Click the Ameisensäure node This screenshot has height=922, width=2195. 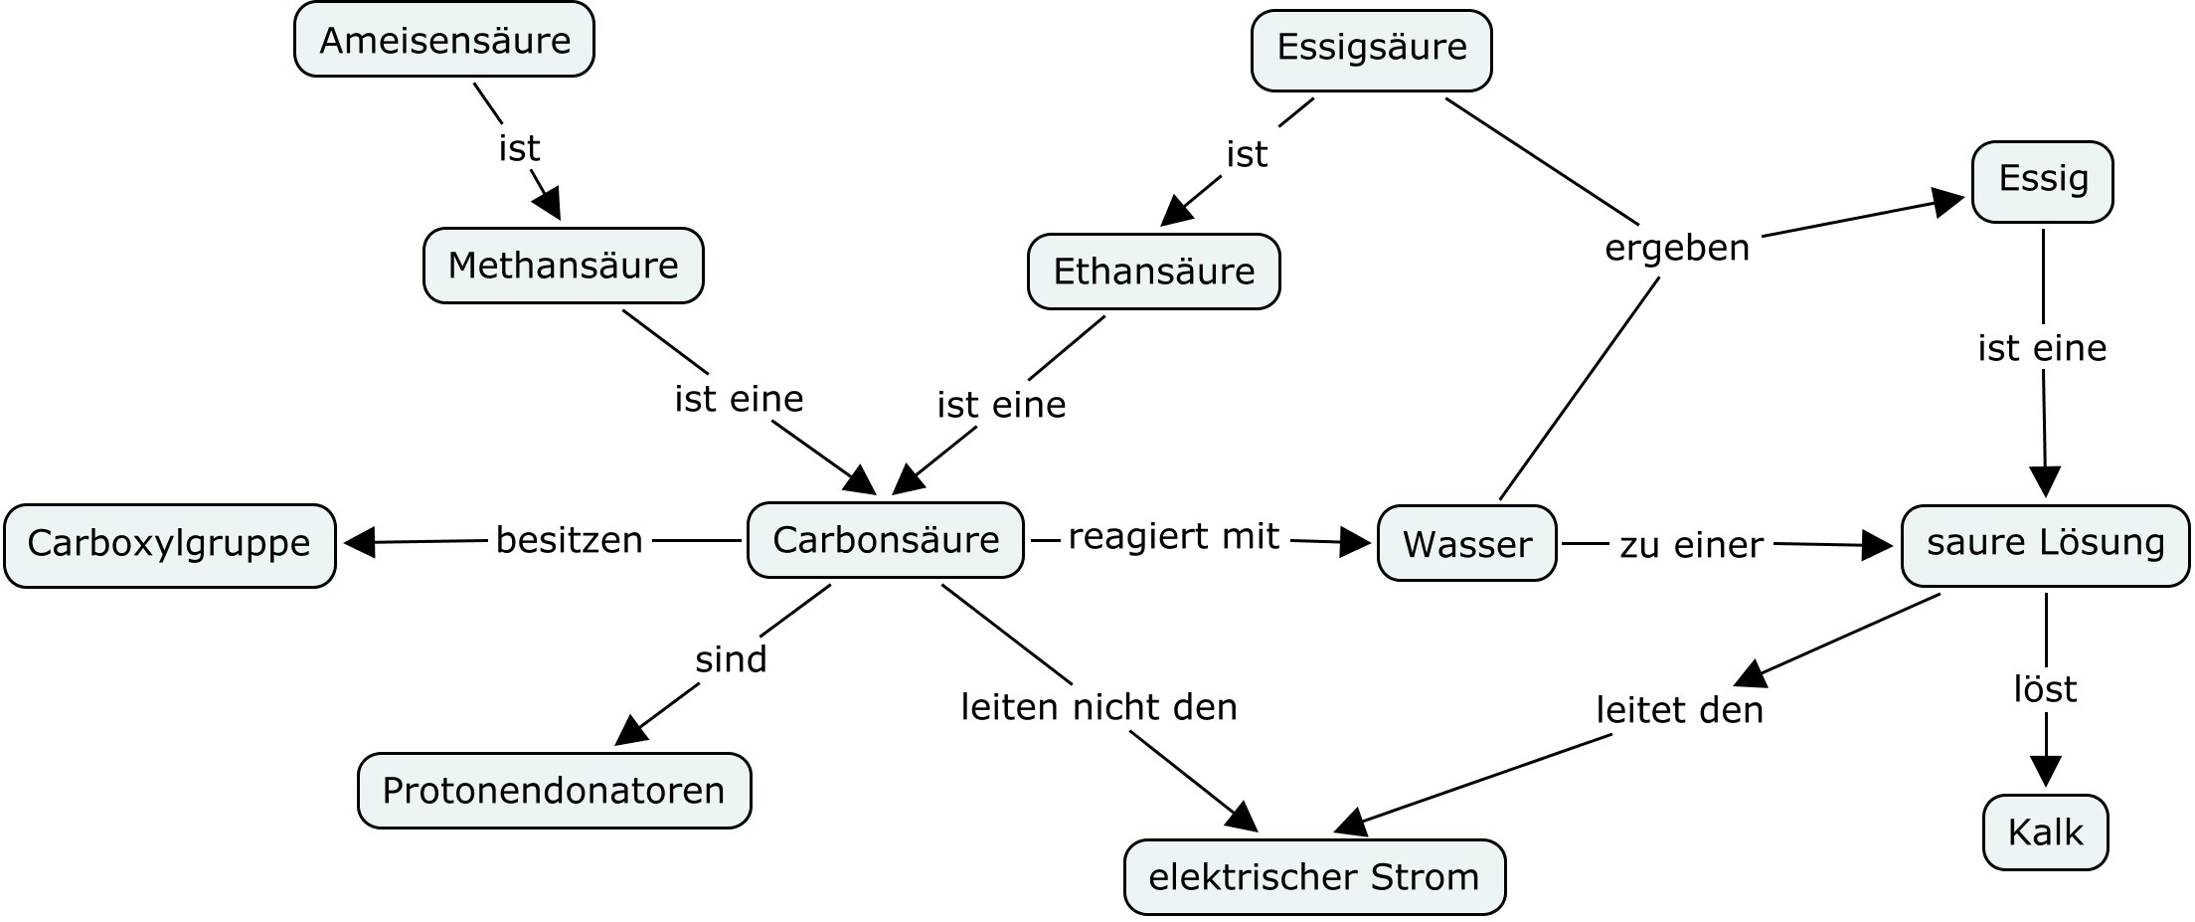pyautogui.click(x=444, y=40)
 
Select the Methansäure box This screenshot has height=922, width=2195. pyautogui.click(x=563, y=266)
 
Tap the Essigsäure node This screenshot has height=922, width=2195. pyautogui.click(x=1371, y=48)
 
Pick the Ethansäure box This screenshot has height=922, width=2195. pyautogui.click(x=1153, y=272)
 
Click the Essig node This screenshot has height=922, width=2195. pyautogui.click(x=2042, y=180)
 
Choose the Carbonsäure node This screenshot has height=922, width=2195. pyautogui.click(x=885, y=540)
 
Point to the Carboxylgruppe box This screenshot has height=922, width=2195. pyautogui.click(x=169, y=544)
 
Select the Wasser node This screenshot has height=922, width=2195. pyautogui.click(x=1466, y=544)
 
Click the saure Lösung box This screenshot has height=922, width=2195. pyautogui.click(x=2045, y=544)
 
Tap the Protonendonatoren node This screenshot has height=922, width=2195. pyautogui.click(x=554, y=791)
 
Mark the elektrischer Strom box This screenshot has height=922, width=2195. pyautogui.click(x=1313, y=877)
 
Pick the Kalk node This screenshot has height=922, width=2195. pyautogui.click(x=2045, y=832)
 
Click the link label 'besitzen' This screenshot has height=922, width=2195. pyautogui.click(x=569, y=540)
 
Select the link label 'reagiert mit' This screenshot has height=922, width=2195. pyautogui.click(x=1173, y=537)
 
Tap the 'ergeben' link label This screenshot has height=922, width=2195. pyautogui.click(x=1676, y=248)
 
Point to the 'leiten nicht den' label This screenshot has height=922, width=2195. pyautogui.click(x=1098, y=707)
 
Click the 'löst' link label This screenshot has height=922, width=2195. pyautogui.click(x=2045, y=689)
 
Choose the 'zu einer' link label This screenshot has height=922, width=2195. pyautogui.click(x=1691, y=545)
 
